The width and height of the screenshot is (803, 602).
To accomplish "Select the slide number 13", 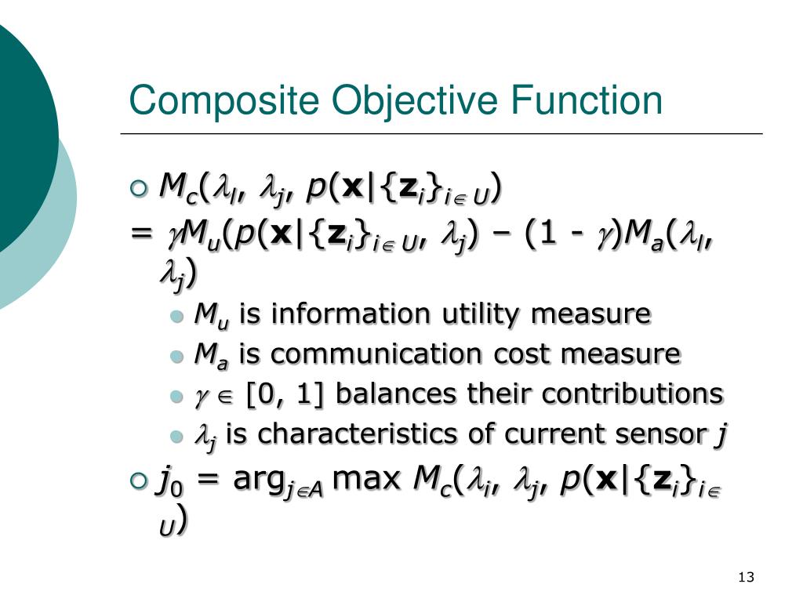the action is click(x=746, y=578).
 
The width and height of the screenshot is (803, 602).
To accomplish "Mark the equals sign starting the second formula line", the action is click(x=142, y=233).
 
